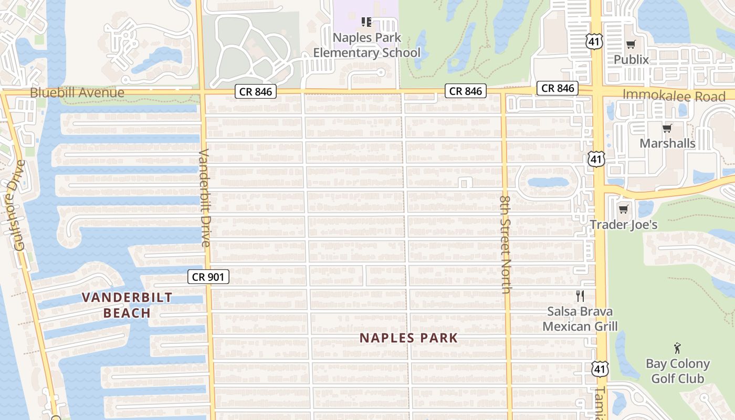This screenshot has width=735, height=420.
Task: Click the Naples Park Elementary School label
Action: (x=367, y=45)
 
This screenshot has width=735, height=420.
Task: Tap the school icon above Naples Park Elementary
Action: (x=367, y=22)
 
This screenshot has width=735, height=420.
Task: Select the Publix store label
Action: (x=632, y=60)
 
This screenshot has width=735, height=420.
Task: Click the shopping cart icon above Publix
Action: (x=631, y=44)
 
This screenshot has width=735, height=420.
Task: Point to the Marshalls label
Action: (x=667, y=143)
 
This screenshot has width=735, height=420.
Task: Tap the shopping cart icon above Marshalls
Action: (x=667, y=128)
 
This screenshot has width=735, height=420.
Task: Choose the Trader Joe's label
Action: (x=624, y=225)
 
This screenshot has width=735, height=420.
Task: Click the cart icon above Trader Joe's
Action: (x=623, y=209)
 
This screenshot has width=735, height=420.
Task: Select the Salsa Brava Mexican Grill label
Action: (x=580, y=319)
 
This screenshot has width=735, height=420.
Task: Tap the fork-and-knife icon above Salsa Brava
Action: (x=580, y=296)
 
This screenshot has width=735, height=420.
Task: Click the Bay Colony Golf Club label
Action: (x=678, y=371)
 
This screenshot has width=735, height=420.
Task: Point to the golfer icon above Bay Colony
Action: (x=677, y=348)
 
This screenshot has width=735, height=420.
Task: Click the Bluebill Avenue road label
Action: (x=77, y=93)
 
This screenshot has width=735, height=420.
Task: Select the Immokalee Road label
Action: (x=674, y=96)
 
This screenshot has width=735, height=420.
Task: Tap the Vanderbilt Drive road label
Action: (x=204, y=198)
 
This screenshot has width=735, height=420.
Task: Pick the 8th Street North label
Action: (x=505, y=245)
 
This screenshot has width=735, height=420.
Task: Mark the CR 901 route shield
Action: (x=208, y=277)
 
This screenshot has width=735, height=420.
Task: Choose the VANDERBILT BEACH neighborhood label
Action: (x=127, y=305)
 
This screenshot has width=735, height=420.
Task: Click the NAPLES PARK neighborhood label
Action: (x=409, y=338)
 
